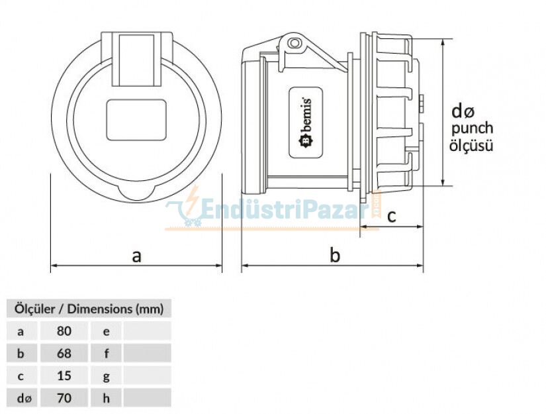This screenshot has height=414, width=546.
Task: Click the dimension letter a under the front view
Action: [x=136, y=256]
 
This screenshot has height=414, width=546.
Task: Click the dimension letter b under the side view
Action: [x=335, y=256]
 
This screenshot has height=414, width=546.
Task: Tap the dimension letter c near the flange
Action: [x=391, y=215]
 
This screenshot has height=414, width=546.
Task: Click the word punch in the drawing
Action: [x=471, y=129]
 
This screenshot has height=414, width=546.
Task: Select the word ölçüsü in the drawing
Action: [x=471, y=146]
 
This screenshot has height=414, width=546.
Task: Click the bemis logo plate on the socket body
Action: [x=306, y=123]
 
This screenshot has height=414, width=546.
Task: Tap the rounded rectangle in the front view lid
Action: [x=136, y=119]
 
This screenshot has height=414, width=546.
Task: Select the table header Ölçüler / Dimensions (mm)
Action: [x=88, y=308]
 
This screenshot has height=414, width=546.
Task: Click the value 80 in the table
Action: [x=64, y=331]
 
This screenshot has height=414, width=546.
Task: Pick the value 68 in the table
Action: [x=64, y=353]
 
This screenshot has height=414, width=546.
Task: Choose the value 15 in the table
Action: [x=64, y=376]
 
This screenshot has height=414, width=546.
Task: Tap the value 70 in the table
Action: [x=64, y=398]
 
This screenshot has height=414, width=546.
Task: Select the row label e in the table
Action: [x=106, y=331]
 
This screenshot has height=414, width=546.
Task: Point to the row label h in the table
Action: [x=106, y=398]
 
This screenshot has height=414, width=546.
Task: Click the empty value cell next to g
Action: [x=147, y=376]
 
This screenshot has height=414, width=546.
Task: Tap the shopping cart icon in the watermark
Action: [x=183, y=213]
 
